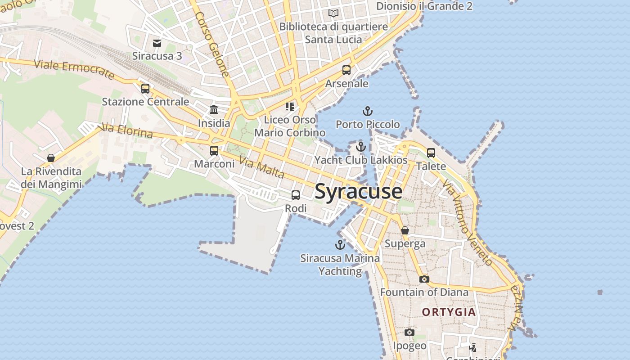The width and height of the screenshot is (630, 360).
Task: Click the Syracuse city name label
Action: click(358, 191)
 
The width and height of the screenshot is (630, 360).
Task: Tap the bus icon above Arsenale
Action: click(346, 70)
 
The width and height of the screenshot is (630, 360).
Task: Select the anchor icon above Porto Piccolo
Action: click(368, 111)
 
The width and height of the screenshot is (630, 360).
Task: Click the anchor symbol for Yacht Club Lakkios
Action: click(360, 147)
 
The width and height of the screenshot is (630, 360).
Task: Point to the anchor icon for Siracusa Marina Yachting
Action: click(340, 245)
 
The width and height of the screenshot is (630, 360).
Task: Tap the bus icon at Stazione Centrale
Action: click(145, 89)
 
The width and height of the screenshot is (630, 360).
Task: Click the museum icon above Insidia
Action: click(214, 110)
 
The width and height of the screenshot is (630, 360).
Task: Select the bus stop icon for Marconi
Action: click(214, 151)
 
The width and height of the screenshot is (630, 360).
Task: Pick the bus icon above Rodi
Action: click(296, 195)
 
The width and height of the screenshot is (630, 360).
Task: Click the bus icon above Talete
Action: click(431, 153)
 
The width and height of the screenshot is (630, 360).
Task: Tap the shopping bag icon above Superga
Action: click(405, 230)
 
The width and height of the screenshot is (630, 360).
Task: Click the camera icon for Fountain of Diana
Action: click(424, 279)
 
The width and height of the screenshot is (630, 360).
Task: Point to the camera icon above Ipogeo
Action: click(409, 332)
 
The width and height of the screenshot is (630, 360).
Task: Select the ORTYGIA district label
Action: click(449, 312)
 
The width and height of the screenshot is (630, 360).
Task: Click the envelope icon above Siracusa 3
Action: click(157, 43)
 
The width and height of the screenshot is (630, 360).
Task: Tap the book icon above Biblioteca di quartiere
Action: click(333, 13)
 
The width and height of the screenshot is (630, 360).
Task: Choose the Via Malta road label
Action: click(262, 167)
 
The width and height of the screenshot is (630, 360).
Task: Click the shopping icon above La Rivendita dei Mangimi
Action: click(51, 158)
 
